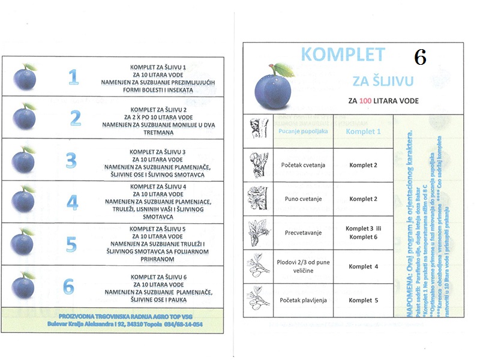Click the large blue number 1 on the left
(73, 76)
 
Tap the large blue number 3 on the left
(71, 160)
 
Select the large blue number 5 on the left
(71, 244)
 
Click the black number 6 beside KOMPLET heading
(420, 58)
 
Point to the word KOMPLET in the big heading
(343, 55)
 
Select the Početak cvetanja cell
(303, 165)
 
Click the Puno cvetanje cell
(303, 199)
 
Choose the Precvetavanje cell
(303, 233)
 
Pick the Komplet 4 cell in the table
(364, 266)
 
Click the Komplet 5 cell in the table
(364, 300)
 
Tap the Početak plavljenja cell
(303, 300)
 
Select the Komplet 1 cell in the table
(364, 131)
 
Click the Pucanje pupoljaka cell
(303, 131)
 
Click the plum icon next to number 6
(25, 285)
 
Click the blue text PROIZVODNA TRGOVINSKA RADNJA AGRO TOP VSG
(124, 316)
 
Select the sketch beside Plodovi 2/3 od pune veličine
(258, 266)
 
